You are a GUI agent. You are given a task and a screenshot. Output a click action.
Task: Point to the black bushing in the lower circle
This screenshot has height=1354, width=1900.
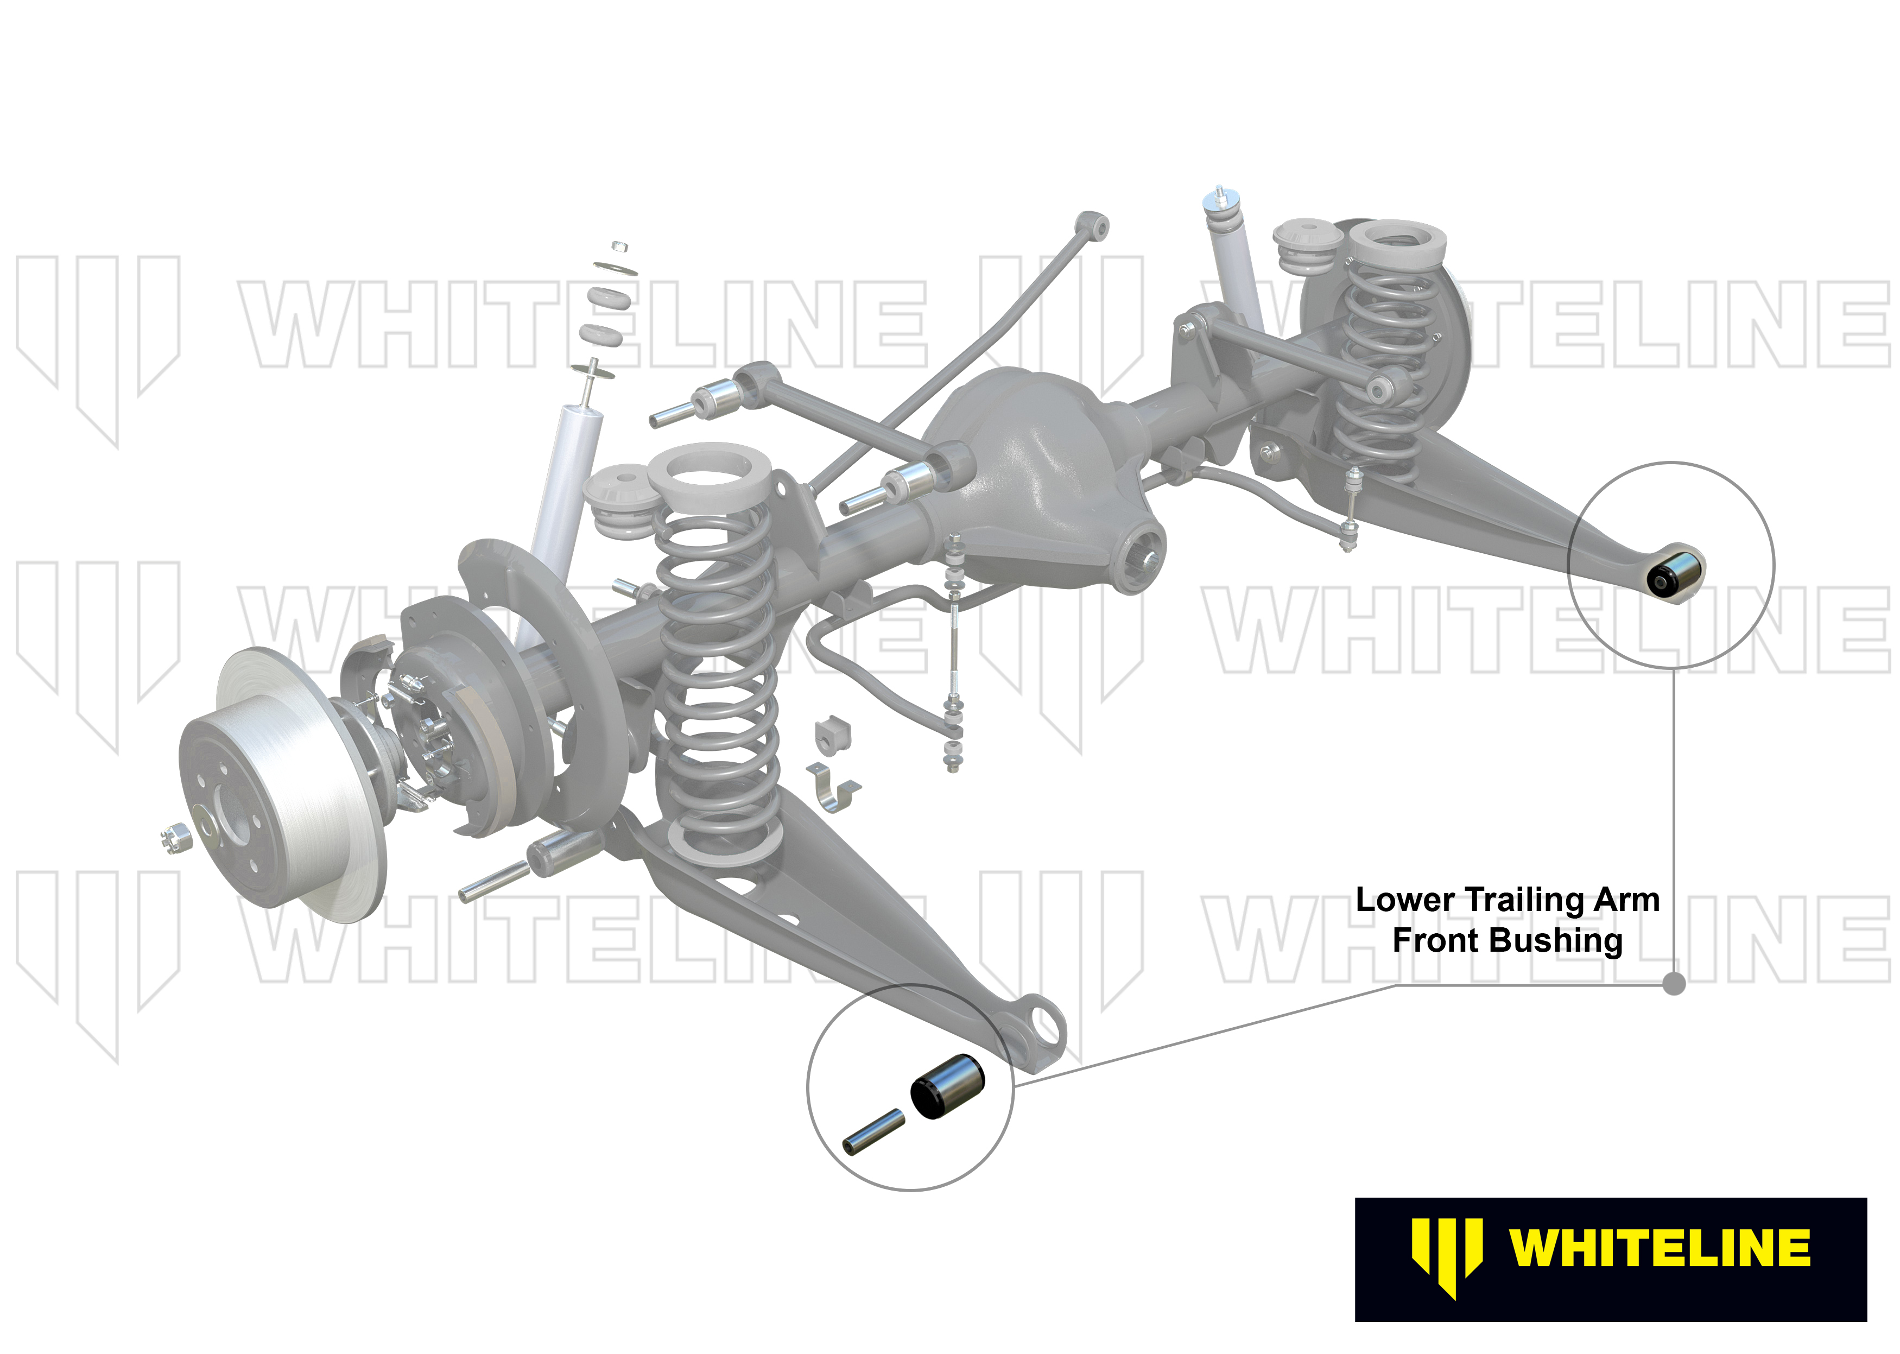[x=947, y=1086]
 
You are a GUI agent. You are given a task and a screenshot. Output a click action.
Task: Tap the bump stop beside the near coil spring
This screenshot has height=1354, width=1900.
[x=619, y=504]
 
